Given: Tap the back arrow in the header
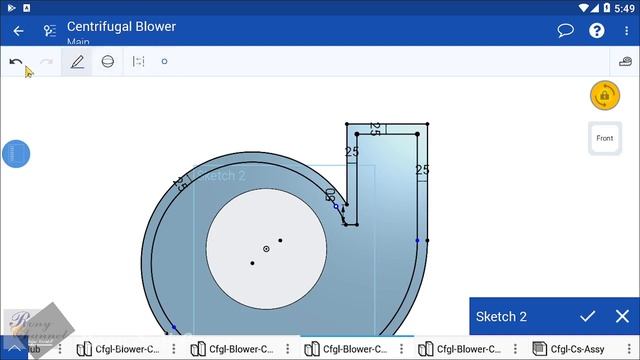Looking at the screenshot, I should pos(18,31).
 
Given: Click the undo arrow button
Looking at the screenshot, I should pos(16,62).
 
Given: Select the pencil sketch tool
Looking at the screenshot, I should pos(77,62).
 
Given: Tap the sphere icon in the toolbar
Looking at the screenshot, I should pos(108,62).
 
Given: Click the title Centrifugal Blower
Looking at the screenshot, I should pos(121,26).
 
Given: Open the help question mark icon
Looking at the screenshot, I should pos(597,31).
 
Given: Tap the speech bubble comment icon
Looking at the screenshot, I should pos(565,31).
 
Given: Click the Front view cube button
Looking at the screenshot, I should pos(604,138).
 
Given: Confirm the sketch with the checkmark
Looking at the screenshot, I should pos(588,317).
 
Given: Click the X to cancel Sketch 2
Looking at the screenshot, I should pos(622,317).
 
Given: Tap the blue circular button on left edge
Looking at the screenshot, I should pos(15,154).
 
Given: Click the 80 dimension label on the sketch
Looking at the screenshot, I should pos(331,194).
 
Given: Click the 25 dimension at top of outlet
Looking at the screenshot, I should pos(375,128).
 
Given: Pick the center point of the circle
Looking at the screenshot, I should pos(266,248).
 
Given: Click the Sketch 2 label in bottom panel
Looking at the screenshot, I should pos(501,317).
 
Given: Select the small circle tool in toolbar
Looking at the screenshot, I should pos(165,62).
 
